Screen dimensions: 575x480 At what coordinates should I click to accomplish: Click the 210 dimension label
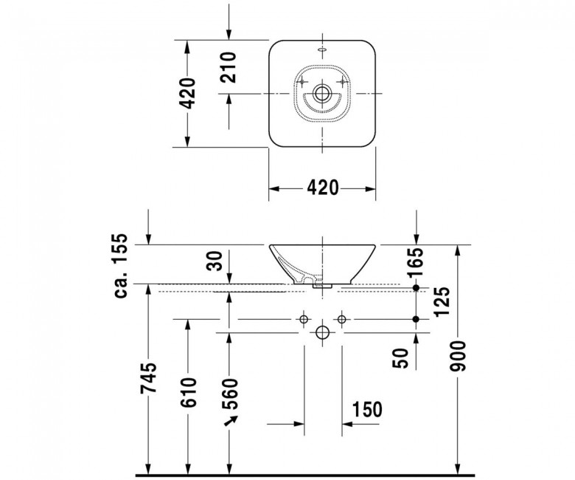click(229, 68)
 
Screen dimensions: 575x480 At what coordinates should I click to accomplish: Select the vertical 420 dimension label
click(189, 93)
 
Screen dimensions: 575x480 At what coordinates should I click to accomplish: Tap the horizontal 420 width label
click(323, 188)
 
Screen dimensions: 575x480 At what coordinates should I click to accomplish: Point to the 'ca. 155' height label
click(121, 265)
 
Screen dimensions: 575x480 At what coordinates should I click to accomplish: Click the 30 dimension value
click(215, 261)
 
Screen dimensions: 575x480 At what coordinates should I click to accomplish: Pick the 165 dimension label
click(416, 262)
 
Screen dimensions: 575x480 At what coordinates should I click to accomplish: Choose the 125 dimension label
click(442, 301)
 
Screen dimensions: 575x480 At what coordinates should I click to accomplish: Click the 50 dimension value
click(400, 358)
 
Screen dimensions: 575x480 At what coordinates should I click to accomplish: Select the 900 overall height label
click(458, 356)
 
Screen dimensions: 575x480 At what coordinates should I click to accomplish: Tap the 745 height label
click(149, 378)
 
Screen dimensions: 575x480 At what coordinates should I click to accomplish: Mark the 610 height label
click(189, 392)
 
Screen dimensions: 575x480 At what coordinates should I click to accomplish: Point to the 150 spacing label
click(367, 409)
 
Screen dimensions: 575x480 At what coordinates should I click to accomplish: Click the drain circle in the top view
click(322, 93)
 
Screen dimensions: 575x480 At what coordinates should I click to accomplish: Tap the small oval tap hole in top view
click(322, 49)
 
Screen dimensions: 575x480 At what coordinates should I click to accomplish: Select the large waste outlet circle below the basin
click(322, 333)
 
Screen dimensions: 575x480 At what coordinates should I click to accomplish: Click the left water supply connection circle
click(304, 319)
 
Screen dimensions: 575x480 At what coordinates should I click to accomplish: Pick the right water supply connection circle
click(342, 319)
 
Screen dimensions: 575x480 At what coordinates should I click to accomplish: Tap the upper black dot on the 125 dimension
click(416, 287)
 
